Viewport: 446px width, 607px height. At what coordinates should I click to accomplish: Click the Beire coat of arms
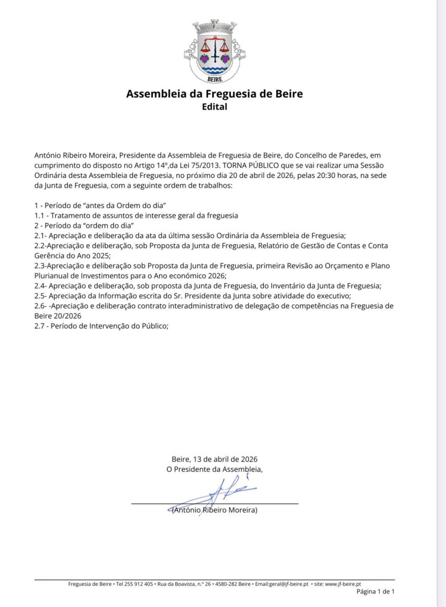point(214,51)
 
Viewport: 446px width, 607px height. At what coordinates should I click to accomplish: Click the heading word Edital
point(214,107)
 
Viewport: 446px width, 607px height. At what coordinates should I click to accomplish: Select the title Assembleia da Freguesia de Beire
point(214,93)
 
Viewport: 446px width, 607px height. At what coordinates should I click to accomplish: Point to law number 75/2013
point(207,165)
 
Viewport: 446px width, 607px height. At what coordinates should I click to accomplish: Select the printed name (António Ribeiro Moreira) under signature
point(214,510)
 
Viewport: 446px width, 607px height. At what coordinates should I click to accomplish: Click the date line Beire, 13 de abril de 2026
point(214,459)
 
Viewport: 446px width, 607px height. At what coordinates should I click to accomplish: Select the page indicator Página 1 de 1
point(375,591)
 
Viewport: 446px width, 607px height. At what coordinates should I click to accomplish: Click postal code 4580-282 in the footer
point(226,584)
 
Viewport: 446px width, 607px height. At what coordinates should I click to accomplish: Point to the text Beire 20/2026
point(58,316)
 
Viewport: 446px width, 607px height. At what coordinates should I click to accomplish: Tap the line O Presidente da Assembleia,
point(214,469)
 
